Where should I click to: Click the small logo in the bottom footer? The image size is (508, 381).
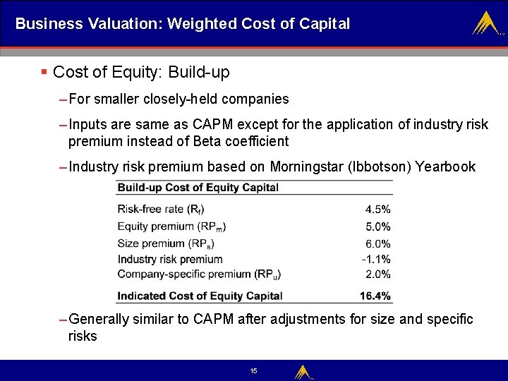click(x=303, y=371)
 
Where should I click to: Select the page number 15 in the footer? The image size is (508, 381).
click(x=253, y=371)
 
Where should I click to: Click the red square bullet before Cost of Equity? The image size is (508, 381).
click(x=44, y=72)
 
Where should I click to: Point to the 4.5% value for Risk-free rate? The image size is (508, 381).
click(x=377, y=210)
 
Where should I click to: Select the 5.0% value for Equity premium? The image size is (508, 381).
click(x=377, y=226)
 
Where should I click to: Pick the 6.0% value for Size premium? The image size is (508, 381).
click(x=377, y=243)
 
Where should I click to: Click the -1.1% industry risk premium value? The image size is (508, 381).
click(x=375, y=259)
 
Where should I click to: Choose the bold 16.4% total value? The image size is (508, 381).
click(x=375, y=296)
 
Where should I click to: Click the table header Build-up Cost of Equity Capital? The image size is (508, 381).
click(x=198, y=188)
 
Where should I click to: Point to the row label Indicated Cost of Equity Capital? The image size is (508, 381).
click(x=200, y=296)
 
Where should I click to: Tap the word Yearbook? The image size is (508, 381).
click(x=445, y=167)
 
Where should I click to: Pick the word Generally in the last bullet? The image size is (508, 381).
click(x=99, y=320)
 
